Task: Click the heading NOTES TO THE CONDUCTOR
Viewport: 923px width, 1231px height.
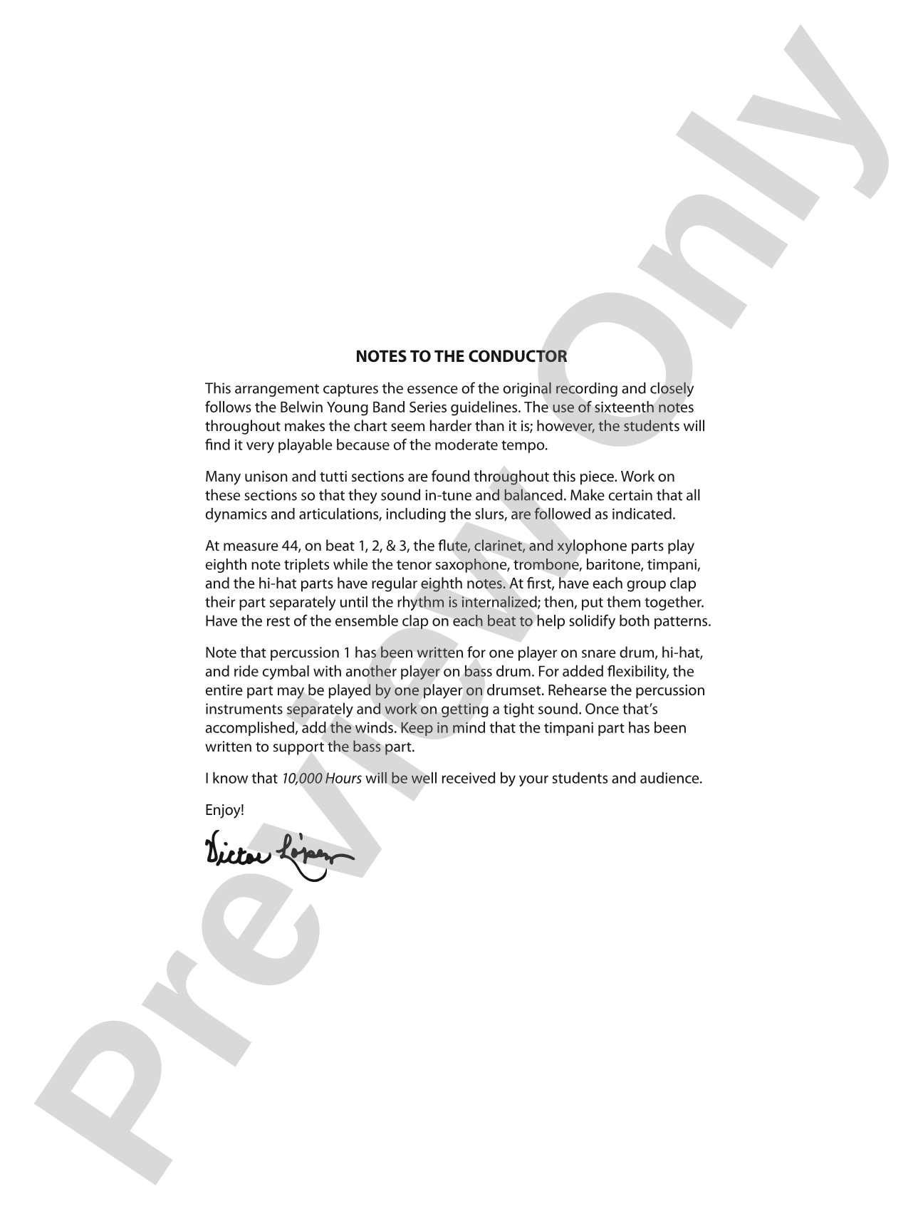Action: coord(461,356)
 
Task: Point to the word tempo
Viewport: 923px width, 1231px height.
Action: coord(524,446)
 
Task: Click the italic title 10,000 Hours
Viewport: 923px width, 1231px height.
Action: coord(321,778)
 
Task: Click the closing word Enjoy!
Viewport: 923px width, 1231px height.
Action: coord(224,810)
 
